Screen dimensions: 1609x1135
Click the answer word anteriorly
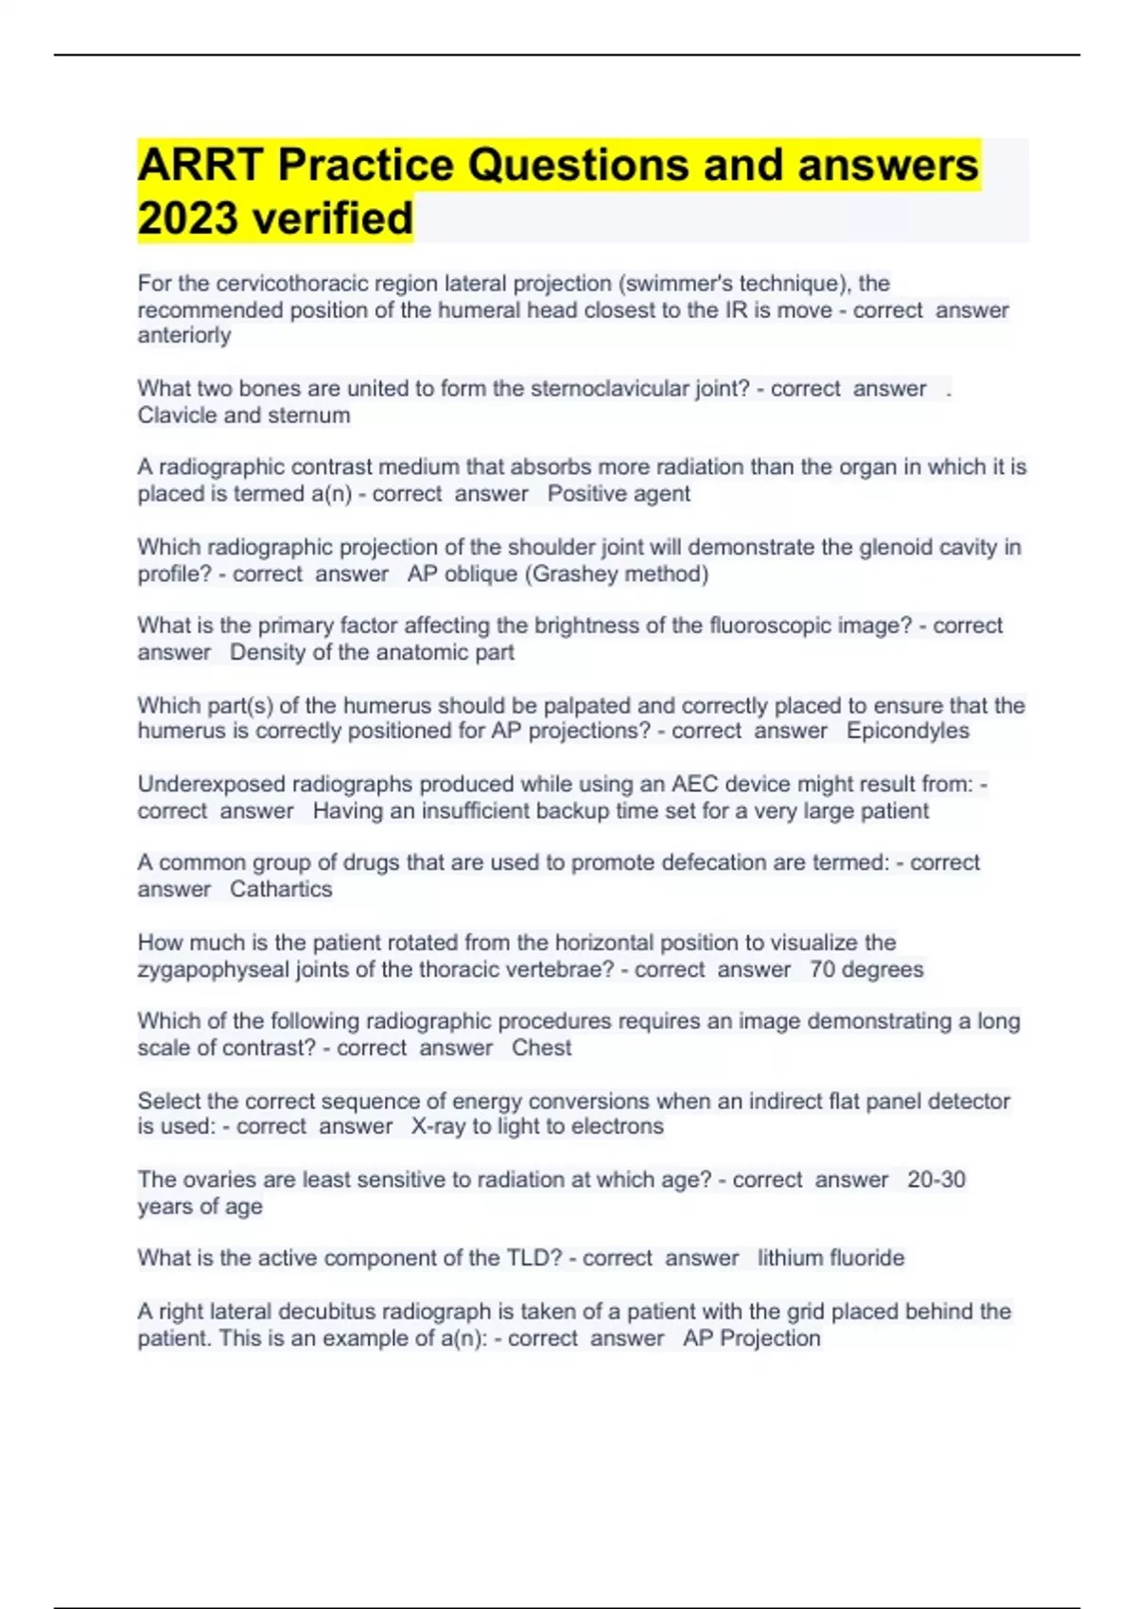tap(184, 336)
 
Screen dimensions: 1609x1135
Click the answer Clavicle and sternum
tap(244, 416)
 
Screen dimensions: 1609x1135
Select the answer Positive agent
tap(619, 494)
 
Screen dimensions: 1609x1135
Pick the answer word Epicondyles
tap(907, 731)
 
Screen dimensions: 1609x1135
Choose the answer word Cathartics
tap(281, 890)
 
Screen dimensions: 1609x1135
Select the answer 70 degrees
tap(866, 970)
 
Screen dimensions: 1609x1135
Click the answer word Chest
tap(542, 1049)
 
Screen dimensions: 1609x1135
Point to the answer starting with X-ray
tap(537, 1127)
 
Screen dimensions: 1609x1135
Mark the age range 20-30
tap(936, 1180)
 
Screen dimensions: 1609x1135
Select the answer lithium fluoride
tap(830, 1259)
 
